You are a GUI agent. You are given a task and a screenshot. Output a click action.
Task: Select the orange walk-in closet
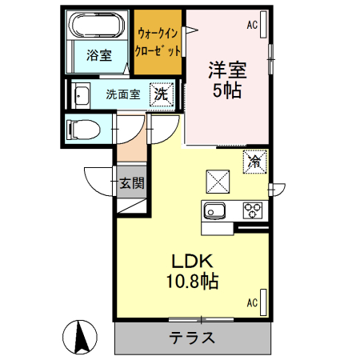click(x=158, y=41)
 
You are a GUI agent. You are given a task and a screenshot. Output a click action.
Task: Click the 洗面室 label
click(x=123, y=94)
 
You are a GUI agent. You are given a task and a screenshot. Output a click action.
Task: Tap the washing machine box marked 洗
click(x=162, y=93)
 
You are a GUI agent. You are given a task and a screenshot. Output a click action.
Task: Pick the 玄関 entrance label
click(x=132, y=183)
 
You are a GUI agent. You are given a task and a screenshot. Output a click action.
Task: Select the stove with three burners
click(x=253, y=211)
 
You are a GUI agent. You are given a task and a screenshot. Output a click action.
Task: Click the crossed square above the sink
click(x=218, y=180)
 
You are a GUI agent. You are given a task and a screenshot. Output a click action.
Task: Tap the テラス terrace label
click(x=192, y=337)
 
